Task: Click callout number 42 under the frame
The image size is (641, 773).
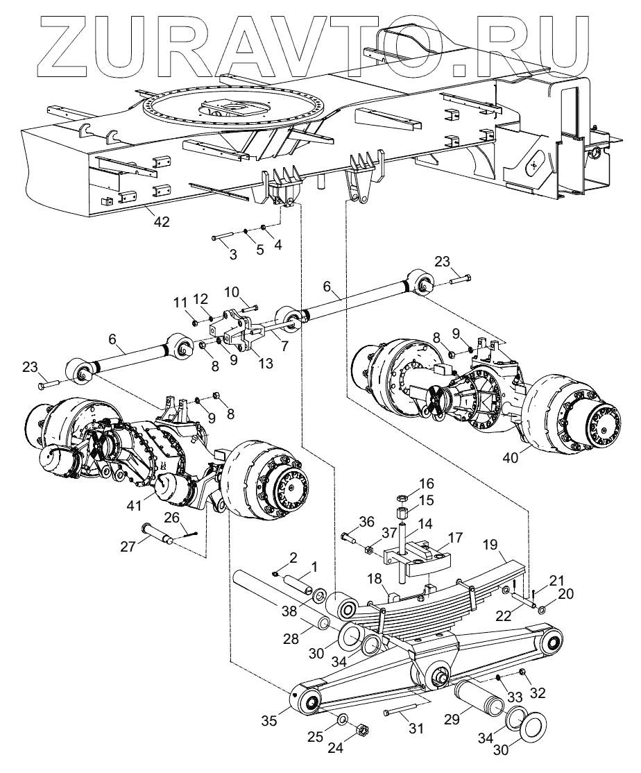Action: pyautogui.click(x=162, y=222)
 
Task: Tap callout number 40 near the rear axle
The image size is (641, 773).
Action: pyautogui.click(x=511, y=457)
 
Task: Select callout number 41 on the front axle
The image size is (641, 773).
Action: pyautogui.click(x=135, y=506)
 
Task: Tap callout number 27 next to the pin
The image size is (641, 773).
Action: pyautogui.click(x=128, y=546)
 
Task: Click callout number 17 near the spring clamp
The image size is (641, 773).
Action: pyautogui.click(x=456, y=537)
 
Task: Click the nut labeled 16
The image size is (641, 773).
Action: pyautogui.click(x=401, y=498)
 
